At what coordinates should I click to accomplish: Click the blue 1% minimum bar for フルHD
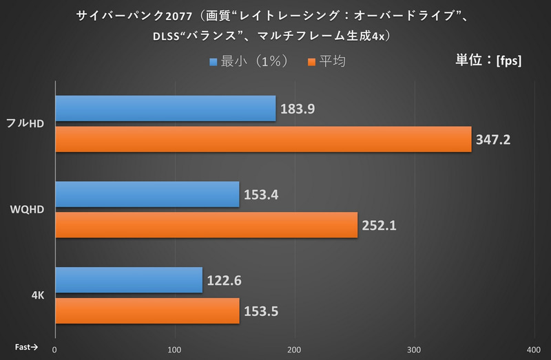[165, 109]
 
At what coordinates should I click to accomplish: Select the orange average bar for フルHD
[262, 139]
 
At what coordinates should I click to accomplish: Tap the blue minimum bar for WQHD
[147, 194]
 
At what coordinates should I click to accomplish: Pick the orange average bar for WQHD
[206, 224]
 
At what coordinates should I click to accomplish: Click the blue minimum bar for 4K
[128, 279]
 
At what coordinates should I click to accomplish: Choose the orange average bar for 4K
[147, 310]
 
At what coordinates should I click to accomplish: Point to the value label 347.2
[492, 140]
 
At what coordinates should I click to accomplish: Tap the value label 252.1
[379, 225]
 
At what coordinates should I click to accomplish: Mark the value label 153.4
[260, 195]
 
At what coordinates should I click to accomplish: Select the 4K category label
[39, 295]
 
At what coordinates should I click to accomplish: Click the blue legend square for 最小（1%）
[214, 62]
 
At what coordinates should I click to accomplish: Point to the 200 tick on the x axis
[295, 349]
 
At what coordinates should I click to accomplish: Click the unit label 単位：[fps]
[488, 60]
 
